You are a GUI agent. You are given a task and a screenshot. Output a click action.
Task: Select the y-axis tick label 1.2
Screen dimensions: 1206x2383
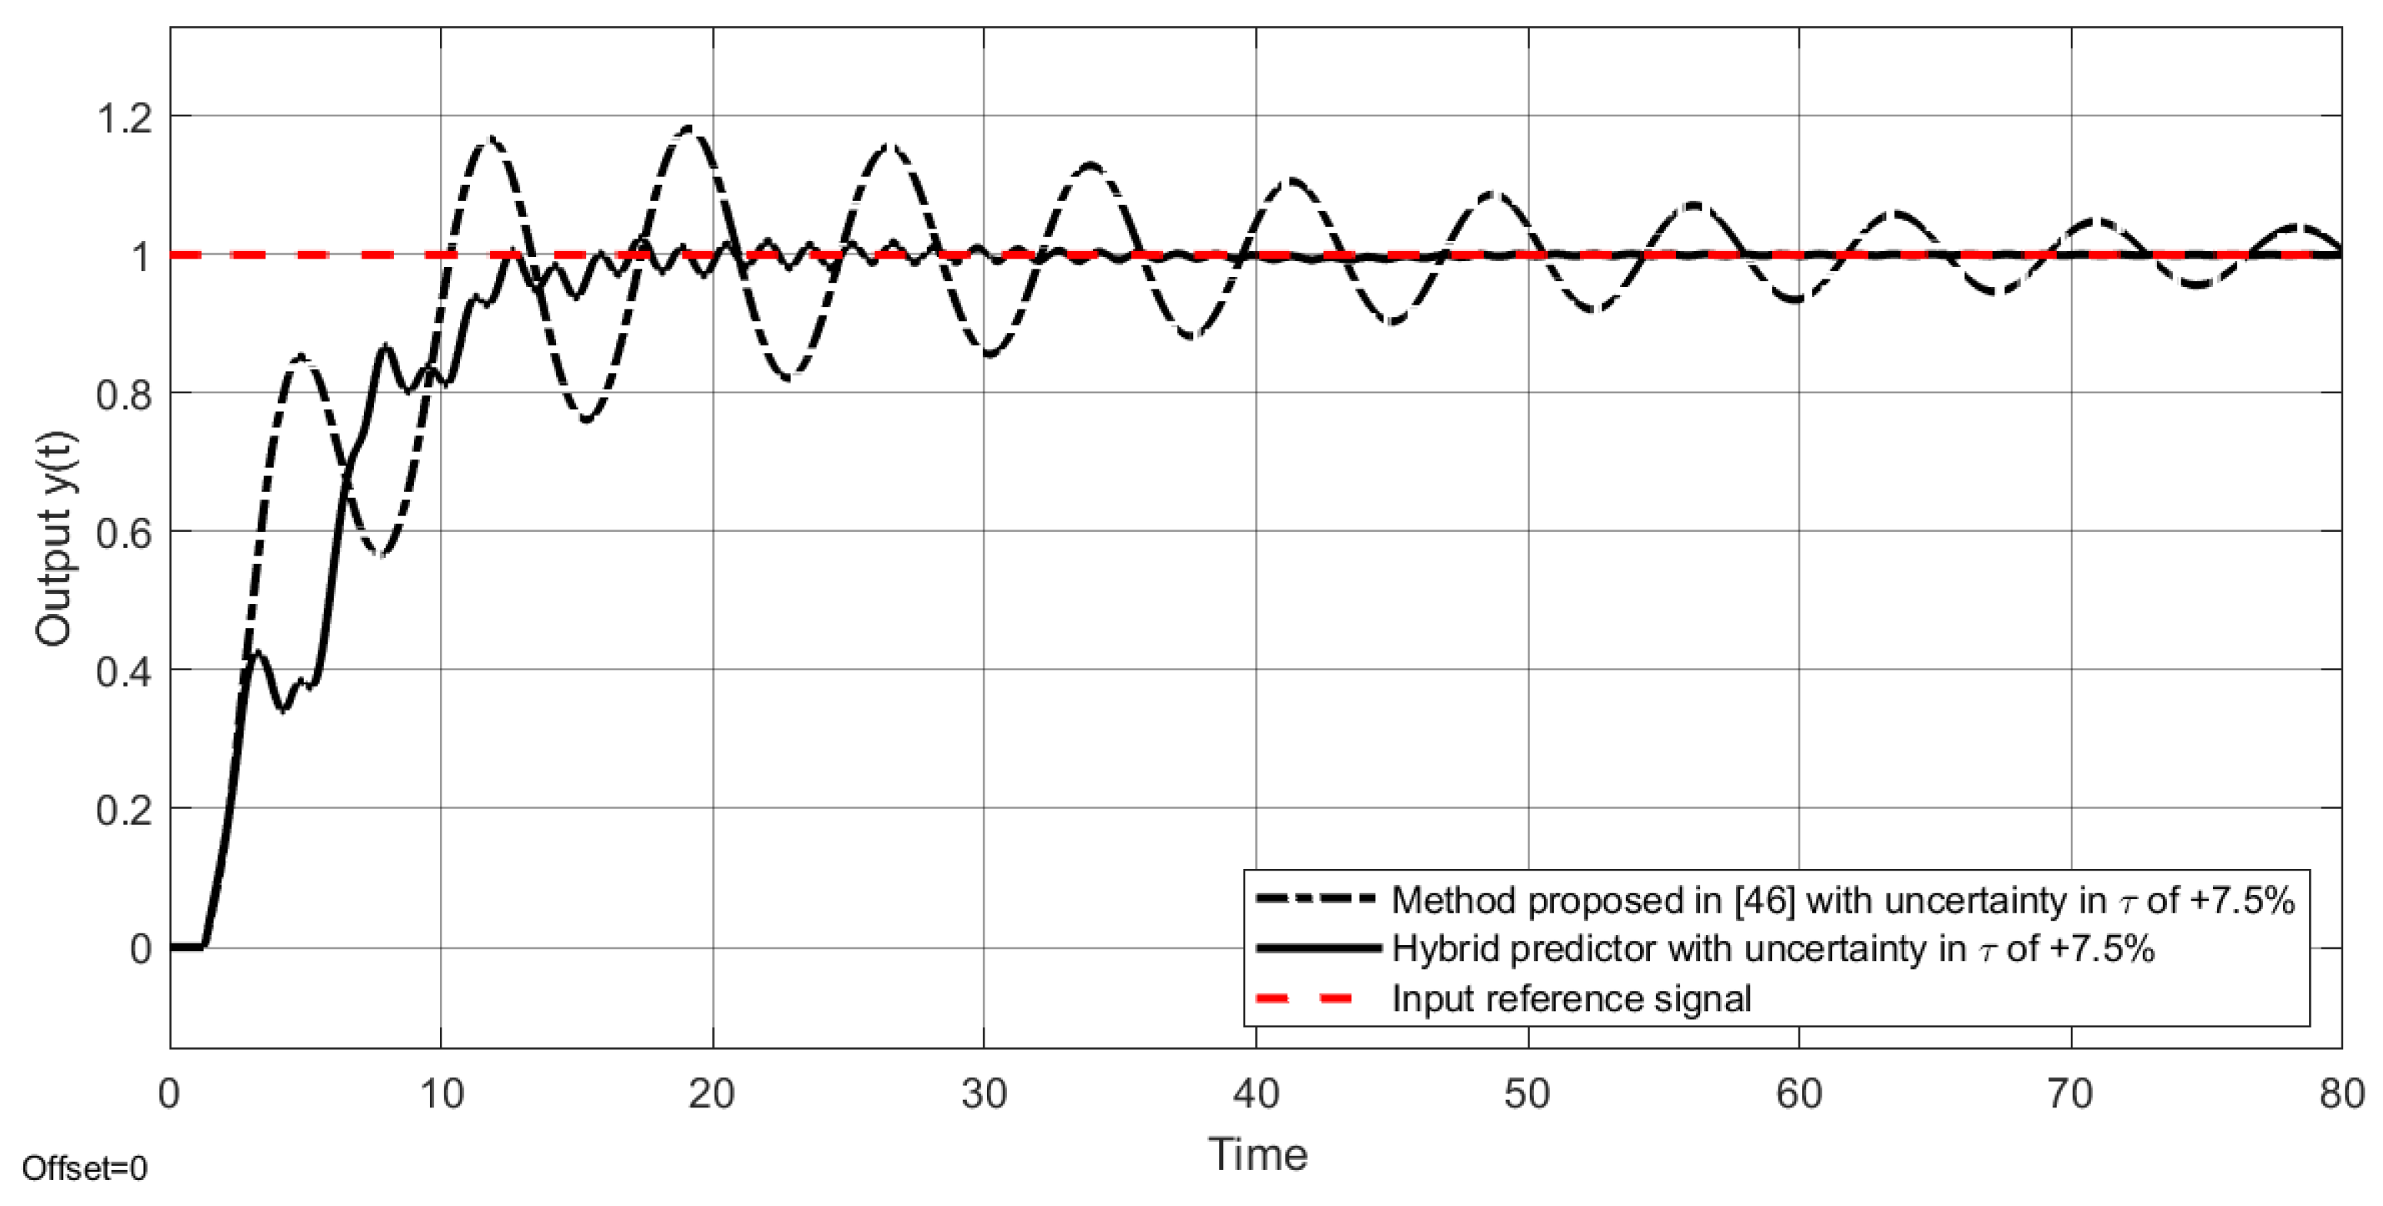click(x=124, y=119)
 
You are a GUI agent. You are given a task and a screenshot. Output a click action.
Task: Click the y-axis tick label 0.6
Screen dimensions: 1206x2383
click(x=124, y=533)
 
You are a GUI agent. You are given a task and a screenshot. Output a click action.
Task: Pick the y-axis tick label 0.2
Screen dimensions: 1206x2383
click(x=124, y=810)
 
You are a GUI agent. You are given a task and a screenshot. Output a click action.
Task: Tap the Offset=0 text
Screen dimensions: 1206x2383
click(x=85, y=1169)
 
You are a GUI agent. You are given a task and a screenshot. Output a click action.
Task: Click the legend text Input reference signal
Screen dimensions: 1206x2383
click(x=1571, y=999)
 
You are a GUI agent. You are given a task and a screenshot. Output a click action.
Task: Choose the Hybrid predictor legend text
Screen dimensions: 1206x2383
click(x=1772, y=949)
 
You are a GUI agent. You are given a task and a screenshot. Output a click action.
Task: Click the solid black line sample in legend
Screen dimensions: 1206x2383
click(x=1318, y=949)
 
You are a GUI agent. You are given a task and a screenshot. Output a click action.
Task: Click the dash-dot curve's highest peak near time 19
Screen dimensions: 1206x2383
click(x=689, y=129)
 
